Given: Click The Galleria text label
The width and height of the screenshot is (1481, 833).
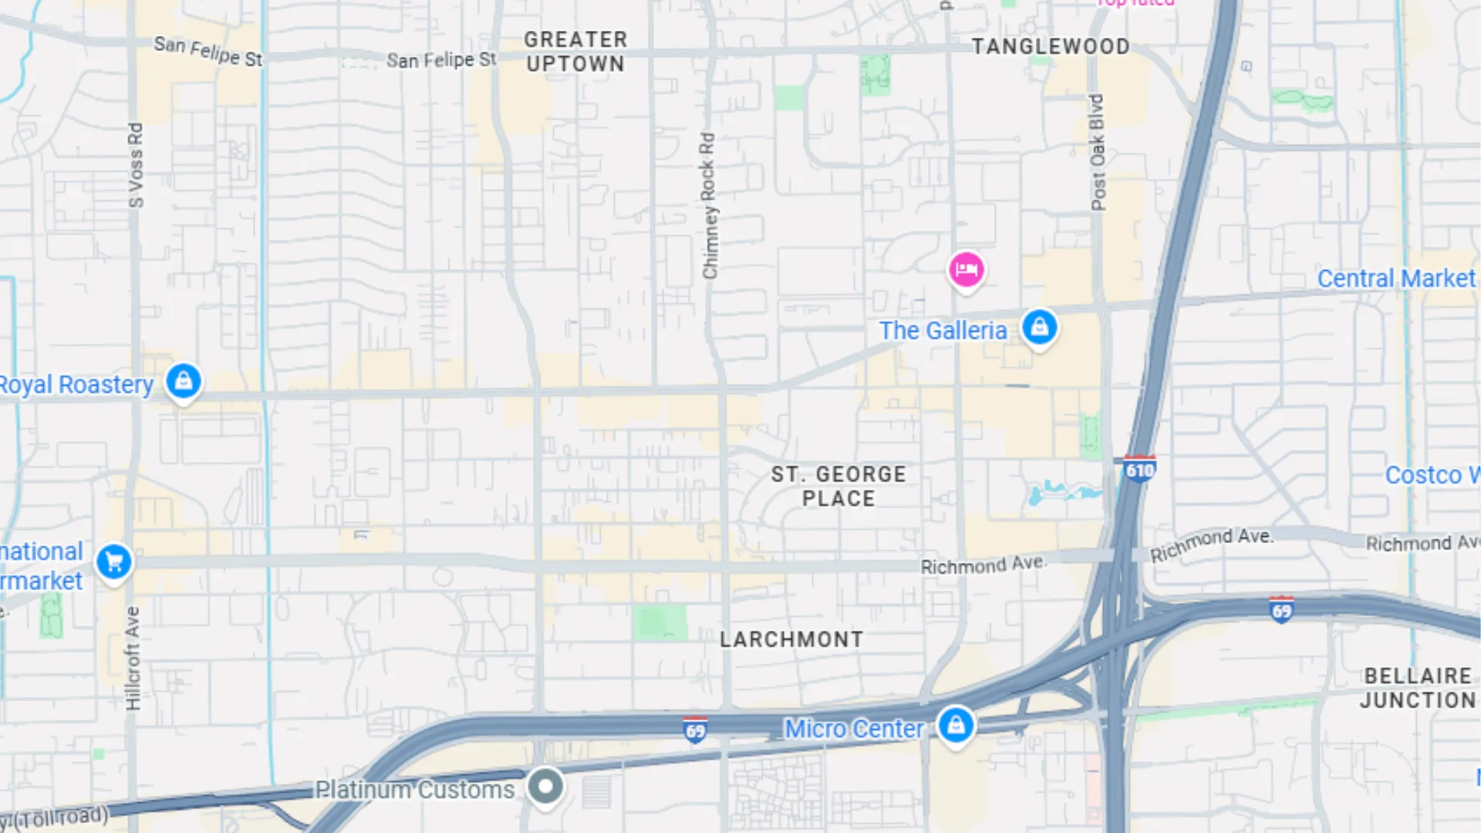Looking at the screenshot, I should point(943,331).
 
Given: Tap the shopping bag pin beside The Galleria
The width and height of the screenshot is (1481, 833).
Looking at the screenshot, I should point(1039,328).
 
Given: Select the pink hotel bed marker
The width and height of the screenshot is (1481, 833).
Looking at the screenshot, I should point(966,270).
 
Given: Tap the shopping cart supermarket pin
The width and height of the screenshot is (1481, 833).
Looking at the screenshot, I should point(114,562).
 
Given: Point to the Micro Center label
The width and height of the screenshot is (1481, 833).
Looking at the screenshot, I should point(853,729).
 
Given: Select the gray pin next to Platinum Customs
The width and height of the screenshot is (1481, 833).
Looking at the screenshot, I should point(545,787).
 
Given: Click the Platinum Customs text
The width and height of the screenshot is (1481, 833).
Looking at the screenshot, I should point(414,790).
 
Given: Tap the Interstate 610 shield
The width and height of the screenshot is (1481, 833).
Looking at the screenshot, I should point(1139,470).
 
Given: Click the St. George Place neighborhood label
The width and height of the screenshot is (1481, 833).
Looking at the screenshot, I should point(838,486).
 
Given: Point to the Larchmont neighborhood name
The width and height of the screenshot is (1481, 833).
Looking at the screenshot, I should point(791,639).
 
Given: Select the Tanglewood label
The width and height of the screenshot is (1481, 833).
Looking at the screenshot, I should point(1051,47).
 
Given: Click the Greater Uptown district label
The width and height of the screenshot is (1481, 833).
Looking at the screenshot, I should point(575,52).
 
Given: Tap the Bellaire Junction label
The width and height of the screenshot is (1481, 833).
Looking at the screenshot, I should point(1418,688).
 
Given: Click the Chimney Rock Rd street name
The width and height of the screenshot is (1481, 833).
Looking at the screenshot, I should point(709,206).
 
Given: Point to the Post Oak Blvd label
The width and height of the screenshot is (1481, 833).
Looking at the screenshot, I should point(1098,153).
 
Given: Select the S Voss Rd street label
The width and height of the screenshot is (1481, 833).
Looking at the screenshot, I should point(136,165).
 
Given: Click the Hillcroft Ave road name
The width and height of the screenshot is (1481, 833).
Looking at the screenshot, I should point(133,658).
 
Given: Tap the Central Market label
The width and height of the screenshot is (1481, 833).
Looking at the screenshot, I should point(1395,278).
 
